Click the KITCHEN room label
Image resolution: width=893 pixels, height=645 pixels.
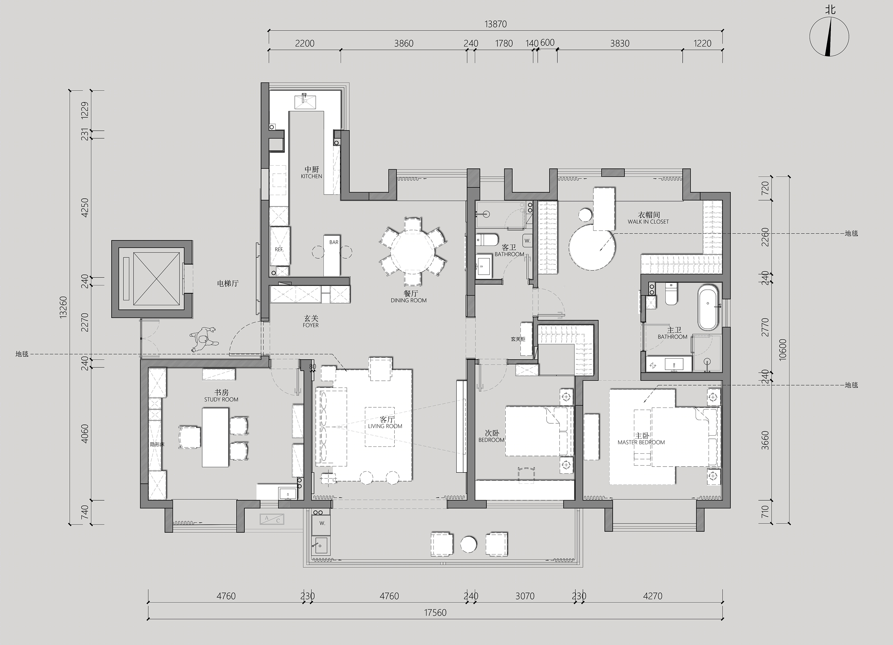(x=311, y=176)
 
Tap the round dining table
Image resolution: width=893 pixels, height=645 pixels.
(x=412, y=252)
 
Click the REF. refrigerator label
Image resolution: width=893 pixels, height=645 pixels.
(x=279, y=249)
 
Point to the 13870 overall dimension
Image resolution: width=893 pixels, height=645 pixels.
(x=495, y=24)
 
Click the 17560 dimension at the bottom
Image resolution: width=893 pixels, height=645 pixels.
(x=435, y=613)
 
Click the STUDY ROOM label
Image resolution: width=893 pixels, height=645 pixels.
(x=221, y=400)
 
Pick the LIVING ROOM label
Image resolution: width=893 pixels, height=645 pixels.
(x=385, y=426)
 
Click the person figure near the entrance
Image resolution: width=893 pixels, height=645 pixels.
(x=204, y=339)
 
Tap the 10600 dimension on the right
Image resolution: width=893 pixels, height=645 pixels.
(x=782, y=349)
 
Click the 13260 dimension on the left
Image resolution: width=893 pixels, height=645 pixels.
(x=63, y=307)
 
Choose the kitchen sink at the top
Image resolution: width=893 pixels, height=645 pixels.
(x=305, y=101)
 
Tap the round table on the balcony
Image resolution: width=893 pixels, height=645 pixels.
(x=469, y=544)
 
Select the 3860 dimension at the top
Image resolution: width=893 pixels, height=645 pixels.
(x=404, y=43)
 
